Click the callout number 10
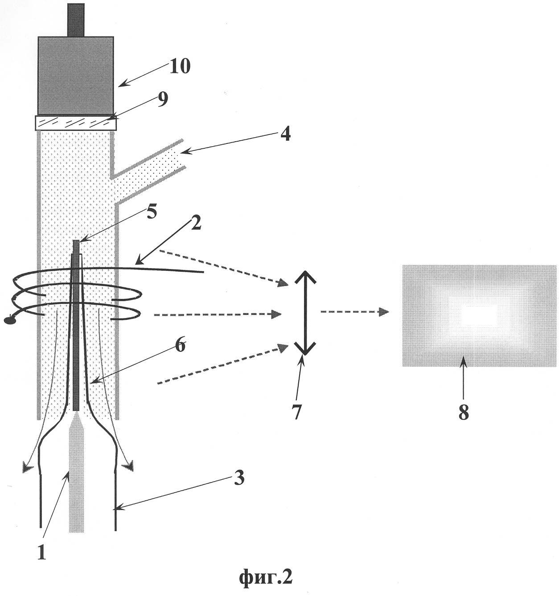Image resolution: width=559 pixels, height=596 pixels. coord(179,66)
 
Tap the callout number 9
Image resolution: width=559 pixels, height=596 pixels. coord(162,100)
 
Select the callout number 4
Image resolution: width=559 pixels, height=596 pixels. coord(285,134)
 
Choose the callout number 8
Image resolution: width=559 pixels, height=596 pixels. coord(464,412)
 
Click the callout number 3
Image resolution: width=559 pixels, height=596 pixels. coord(239,478)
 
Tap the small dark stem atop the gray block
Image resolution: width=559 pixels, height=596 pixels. coord(76,20)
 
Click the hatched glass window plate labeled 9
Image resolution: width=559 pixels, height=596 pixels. coord(76,123)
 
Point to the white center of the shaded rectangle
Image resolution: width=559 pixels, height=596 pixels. coord(479,316)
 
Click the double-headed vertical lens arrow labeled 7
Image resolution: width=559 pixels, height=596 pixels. coord(305,313)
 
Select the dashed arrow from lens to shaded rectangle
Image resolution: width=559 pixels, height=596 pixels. coord(355,312)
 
